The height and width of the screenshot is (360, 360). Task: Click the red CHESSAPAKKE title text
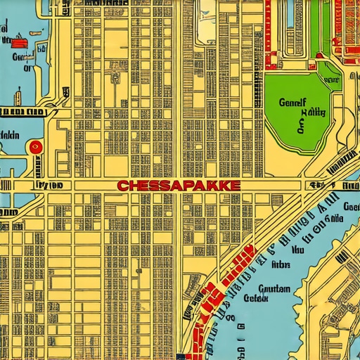[x=179, y=186]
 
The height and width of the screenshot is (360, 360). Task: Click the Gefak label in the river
[x=256, y=298]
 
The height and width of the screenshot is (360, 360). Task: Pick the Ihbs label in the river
[x=281, y=266]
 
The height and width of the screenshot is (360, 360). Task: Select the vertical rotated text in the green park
[x=301, y=126]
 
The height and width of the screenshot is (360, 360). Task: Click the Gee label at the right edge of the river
[x=352, y=207]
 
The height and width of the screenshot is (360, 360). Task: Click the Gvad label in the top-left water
[x=22, y=56]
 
